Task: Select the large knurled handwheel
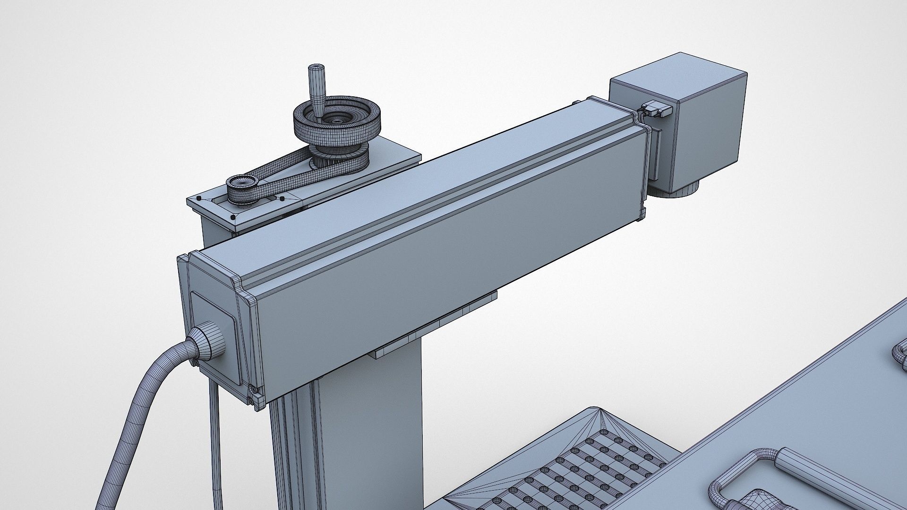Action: coord(337,121)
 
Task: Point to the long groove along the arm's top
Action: coord(439,208)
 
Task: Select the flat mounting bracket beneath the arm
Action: coord(435,326)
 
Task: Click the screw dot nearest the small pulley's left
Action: coord(199,198)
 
